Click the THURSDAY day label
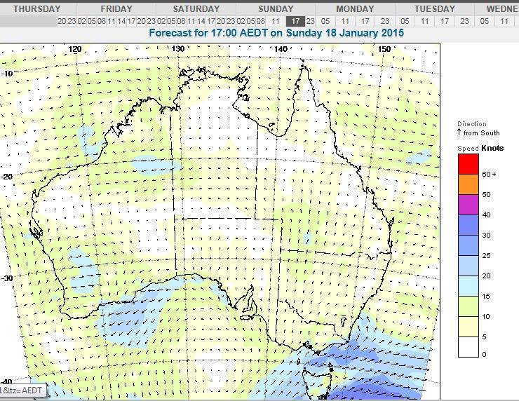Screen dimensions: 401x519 (36, 9)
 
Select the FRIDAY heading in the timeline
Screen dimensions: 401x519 (116, 9)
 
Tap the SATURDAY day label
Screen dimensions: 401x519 (196, 9)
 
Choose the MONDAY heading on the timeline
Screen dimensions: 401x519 (355, 9)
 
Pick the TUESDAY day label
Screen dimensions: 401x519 (434, 9)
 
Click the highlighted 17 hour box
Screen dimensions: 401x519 (296, 21)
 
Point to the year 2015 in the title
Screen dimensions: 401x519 (410, 33)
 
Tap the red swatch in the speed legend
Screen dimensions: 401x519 (468, 164)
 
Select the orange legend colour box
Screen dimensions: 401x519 (468, 184)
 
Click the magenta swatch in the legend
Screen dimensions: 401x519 (468, 205)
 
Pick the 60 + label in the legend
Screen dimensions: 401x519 (489, 175)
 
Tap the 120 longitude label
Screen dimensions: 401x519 (75, 49)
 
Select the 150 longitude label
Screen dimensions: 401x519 (384, 49)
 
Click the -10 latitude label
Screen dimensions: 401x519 (8, 74)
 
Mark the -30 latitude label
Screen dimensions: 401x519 (8, 278)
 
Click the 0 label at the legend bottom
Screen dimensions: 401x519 (484, 355)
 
